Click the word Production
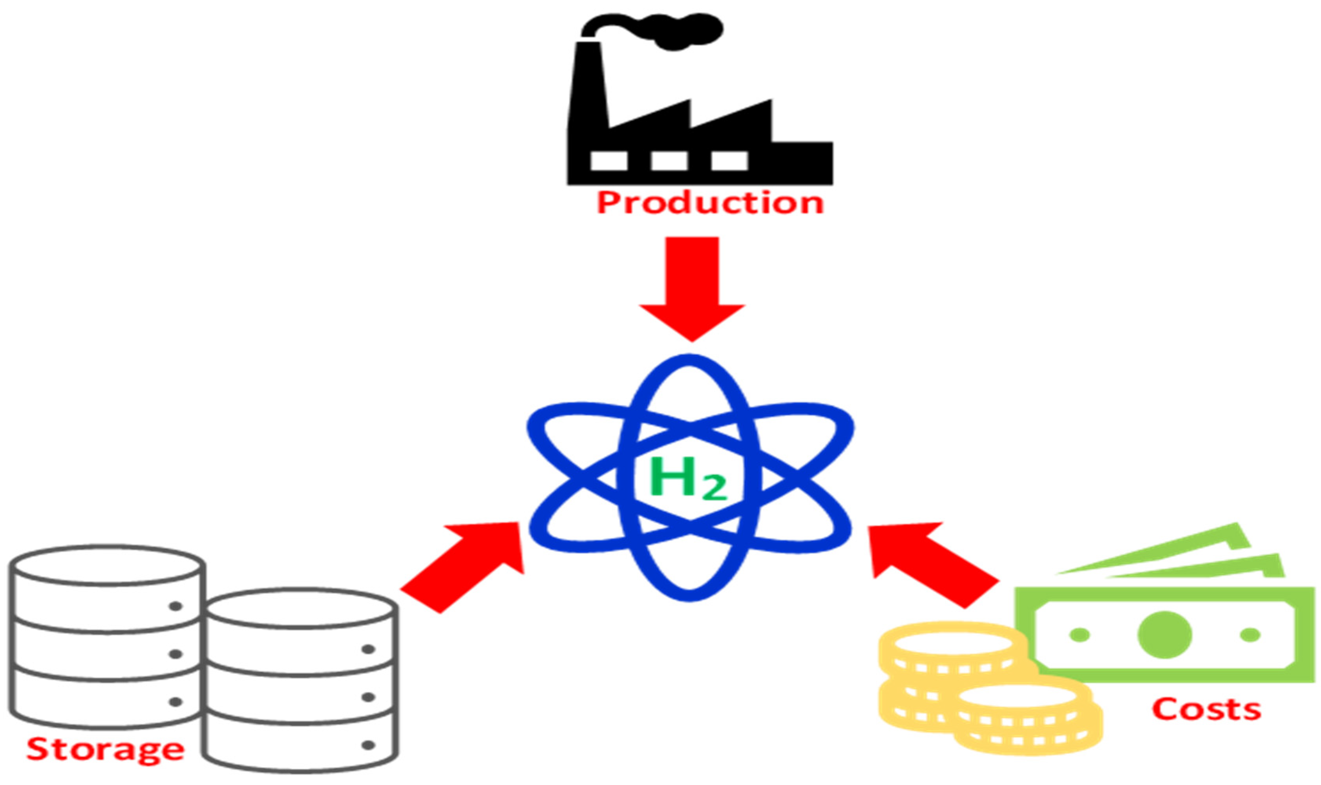click(710, 203)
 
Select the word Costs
click(1206, 709)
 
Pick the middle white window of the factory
click(669, 161)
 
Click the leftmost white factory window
click(608, 161)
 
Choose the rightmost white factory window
click(729, 161)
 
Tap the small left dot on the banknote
click(1080, 634)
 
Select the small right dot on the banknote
click(1250, 634)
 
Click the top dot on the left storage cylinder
click(175, 606)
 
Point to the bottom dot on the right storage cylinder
click(368, 745)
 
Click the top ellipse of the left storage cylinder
click(107, 565)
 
